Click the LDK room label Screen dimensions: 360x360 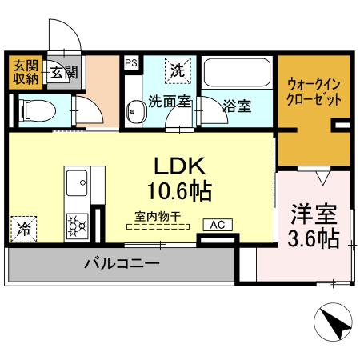point(180,166)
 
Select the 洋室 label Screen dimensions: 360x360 point(311,215)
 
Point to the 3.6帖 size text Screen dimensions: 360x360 point(312,238)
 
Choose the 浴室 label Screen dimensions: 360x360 point(237,105)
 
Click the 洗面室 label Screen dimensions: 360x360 point(169,102)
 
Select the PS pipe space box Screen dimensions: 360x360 point(130,61)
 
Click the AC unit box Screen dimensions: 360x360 point(217,225)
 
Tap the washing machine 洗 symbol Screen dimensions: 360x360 point(178,70)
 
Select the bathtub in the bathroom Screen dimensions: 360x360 point(237,75)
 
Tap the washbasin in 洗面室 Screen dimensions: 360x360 point(134,112)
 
